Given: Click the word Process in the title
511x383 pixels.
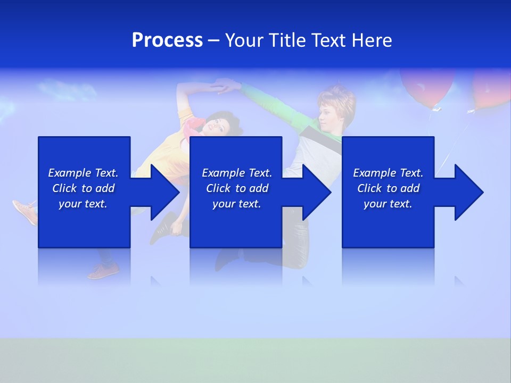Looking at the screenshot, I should pos(167,40).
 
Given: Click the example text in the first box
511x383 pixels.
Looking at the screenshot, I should pos(83,188).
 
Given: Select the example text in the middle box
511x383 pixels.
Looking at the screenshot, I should pos(237,188).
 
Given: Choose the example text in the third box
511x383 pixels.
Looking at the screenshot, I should pos(388,188).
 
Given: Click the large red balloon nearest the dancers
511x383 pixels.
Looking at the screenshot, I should pos(427,85).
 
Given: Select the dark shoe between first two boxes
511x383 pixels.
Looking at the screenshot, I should pos(166,228).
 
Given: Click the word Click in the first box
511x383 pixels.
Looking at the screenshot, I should pos(65,188).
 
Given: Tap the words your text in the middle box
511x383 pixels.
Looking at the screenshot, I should pos(237,204).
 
